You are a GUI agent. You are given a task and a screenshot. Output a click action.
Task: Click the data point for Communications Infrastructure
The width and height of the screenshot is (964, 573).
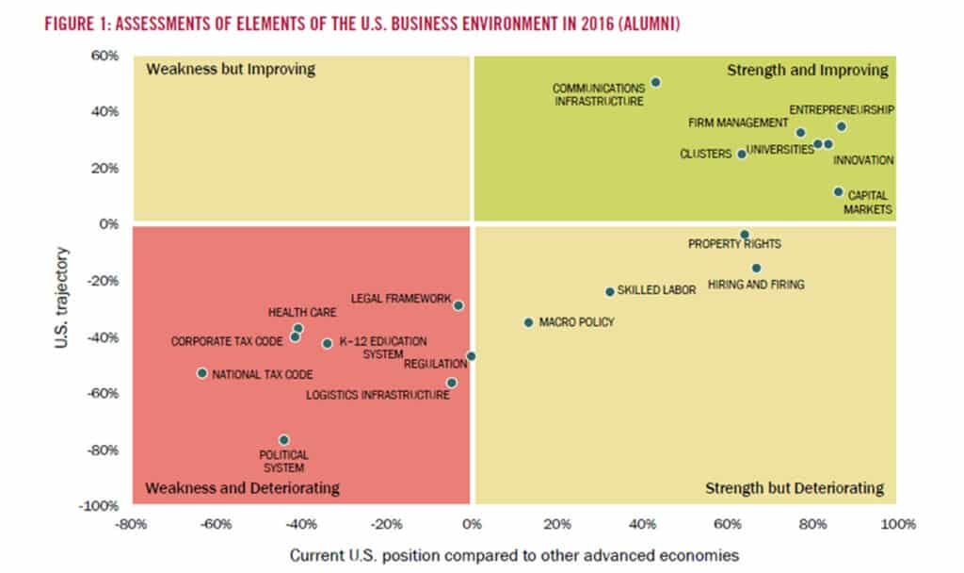[x=655, y=82]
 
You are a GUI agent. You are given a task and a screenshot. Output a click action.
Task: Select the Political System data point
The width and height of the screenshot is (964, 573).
[x=283, y=440]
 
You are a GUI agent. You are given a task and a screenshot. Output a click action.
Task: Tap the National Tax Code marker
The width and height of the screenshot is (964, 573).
[x=201, y=373]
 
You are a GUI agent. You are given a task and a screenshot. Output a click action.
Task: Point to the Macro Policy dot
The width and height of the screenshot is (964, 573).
[x=528, y=322]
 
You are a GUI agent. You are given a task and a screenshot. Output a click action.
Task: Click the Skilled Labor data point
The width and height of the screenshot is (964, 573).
[x=609, y=292]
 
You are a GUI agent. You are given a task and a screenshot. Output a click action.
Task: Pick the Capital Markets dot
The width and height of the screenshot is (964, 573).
[x=838, y=191]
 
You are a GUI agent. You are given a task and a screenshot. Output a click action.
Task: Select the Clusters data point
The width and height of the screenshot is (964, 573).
[x=741, y=154]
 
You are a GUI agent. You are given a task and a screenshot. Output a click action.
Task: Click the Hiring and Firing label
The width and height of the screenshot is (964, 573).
[x=755, y=284]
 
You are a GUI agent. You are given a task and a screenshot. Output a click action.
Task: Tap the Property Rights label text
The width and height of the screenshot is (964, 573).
[x=734, y=243]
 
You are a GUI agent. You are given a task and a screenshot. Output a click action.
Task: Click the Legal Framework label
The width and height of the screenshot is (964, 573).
[x=400, y=298]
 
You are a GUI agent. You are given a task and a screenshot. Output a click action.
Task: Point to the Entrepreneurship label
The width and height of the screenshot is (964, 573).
[x=841, y=109]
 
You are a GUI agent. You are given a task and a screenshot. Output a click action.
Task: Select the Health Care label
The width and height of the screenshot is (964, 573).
[x=296, y=313]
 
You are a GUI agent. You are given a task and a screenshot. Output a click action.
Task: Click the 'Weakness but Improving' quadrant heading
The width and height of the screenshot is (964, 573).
[x=230, y=69]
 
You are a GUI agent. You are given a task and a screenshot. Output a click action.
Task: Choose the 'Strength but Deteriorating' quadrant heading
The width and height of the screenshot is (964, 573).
[x=794, y=488]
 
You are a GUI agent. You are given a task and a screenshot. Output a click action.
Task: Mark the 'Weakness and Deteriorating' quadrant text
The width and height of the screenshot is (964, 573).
[x=242, y=488]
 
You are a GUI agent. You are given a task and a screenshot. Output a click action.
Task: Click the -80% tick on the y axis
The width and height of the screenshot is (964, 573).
[x=104, y=450]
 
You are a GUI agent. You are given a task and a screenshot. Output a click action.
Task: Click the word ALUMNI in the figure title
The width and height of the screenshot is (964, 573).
[x=644, y=25]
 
